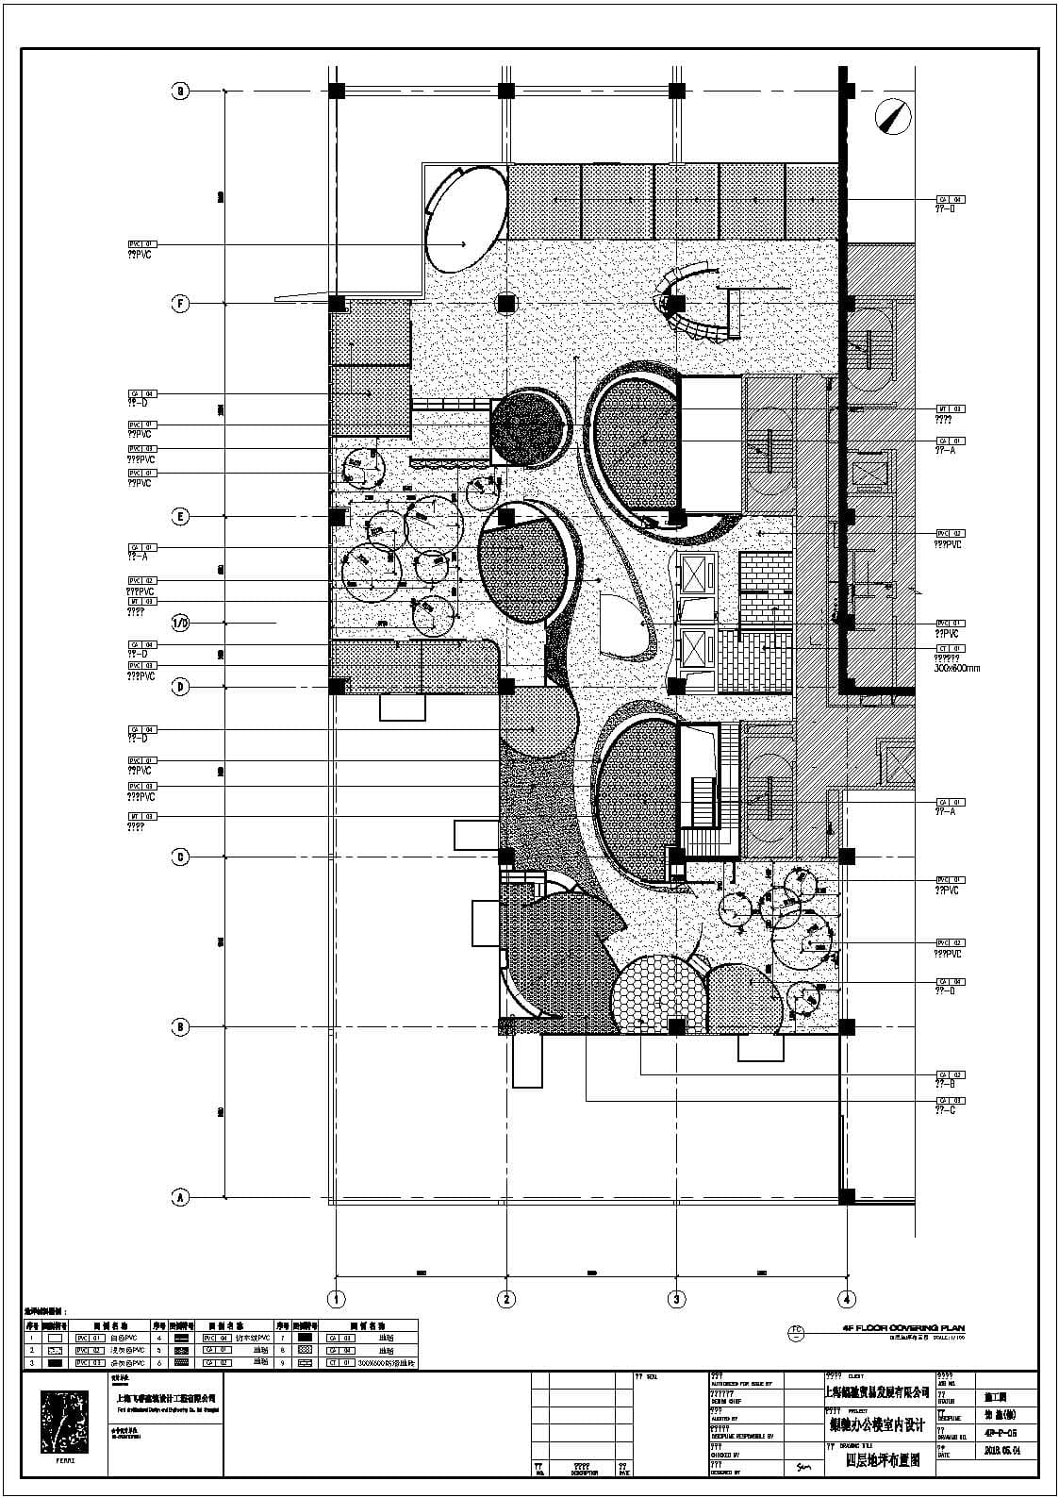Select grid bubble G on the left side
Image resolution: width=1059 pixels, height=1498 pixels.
pos(180,92)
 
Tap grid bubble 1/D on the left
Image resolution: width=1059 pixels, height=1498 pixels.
pos(180,623)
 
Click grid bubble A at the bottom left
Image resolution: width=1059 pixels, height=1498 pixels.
pos(180,1197)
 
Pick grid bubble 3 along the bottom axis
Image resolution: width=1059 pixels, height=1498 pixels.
pos(676,1299)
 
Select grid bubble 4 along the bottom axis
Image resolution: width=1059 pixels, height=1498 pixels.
pos(847,1299)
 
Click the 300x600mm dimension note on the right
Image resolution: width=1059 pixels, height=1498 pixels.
pos(956,668)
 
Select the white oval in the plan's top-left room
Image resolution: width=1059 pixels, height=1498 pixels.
pos(463,218)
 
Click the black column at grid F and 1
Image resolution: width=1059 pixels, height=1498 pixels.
pos(337,304)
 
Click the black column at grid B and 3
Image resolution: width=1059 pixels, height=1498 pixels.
pos(676,1026)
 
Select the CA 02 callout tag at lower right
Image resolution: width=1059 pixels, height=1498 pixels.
pos(950,1074)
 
